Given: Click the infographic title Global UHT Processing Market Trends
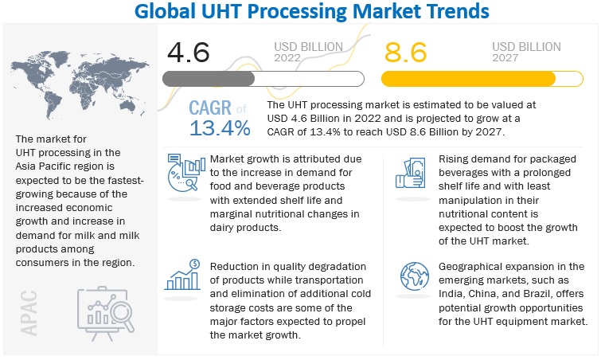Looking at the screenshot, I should [302, 13].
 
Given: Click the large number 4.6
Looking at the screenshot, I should [189, 53].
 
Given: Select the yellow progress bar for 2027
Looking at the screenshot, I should [479, 79].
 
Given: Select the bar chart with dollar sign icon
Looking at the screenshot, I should [182, 274].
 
